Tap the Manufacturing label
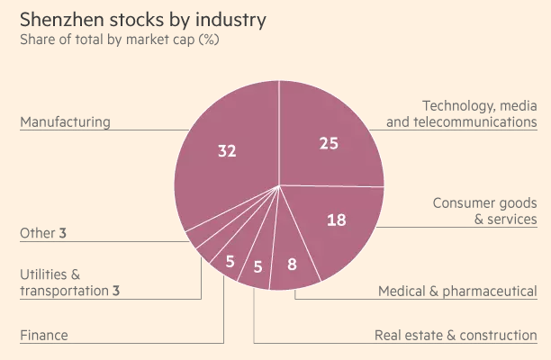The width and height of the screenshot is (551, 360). (x=65, y=121)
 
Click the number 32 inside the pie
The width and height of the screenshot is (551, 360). (x=227, y=150)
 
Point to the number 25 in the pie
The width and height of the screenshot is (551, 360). (x=330, y=142)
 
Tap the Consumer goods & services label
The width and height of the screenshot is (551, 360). (x=484, y=211)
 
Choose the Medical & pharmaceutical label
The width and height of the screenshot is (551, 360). (x=457, y=291)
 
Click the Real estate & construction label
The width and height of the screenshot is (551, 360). (x=456, y=336)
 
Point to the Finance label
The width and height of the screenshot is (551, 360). (x=44, y=336)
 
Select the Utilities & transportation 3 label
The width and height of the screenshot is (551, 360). (x=69, y=282)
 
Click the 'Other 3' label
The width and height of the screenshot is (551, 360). (x=43, y=233)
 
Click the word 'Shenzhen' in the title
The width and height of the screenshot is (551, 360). (x=62, y=19)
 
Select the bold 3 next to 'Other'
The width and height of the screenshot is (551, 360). (x=63, y=233)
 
